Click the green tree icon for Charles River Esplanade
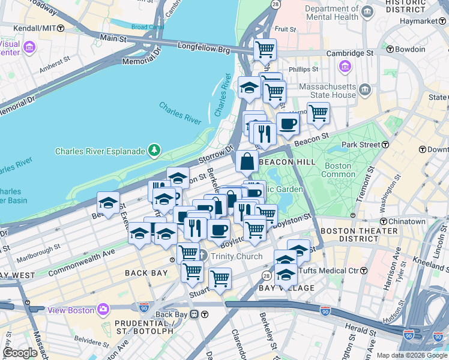tap(155, 149)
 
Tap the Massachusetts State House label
tap(327, 91)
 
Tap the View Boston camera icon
tap(103, 310)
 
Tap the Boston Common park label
tap(339, 170)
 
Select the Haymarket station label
tap(426, 21)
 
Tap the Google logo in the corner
tap(20, 352)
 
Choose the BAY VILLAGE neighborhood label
tap(286, 289)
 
